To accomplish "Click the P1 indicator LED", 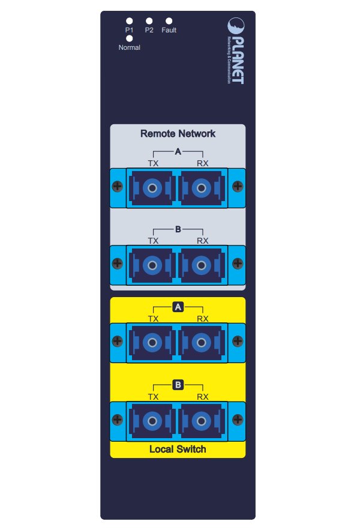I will (130, 21).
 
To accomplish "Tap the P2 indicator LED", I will (149, 21).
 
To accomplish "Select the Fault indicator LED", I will (169, 21).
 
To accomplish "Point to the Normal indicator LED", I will (130, 38).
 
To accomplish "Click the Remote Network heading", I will (178, 133).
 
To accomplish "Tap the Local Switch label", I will (178, 449).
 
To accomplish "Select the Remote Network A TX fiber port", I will (154, 188).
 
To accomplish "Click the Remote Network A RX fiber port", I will (202, 188).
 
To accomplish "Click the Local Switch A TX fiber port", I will (154, 343).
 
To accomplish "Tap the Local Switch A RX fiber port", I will (202, 343).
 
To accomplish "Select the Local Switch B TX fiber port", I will (154, 420).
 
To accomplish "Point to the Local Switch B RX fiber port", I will (202, 420).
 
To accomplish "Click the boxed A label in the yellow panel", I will (178, 307).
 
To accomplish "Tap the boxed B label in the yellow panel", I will (178, 385).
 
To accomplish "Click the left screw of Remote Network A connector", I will (118, 187).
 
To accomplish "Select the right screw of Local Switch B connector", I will (238, 420).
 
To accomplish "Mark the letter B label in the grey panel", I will (178, 229).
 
